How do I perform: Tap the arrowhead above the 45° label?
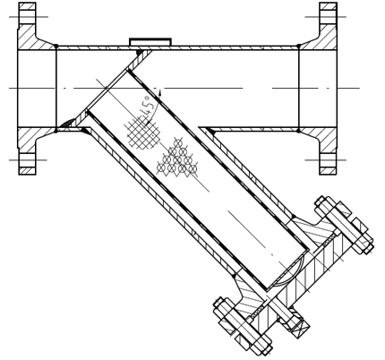click(x=160, y=92)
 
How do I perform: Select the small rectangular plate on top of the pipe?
click(x=150, y=42)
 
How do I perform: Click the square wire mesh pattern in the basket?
click(x=142, y=133)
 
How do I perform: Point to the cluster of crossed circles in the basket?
click(x=177, y=159)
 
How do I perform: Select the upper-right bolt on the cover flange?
click(x=344, y=225)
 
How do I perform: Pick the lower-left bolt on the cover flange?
click(x=243, y=326)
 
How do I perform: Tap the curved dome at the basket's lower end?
click(x=292, y=270)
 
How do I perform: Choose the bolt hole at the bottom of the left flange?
click(x=28, y=160)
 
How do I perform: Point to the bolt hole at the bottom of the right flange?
click(x=328, y=160)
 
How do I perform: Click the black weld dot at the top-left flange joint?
click(x=56, y=46)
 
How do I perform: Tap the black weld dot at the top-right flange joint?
click(x=299, y=46)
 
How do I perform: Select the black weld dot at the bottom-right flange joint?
click(x=299, y=131)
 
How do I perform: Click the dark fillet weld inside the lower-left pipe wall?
click(x=67, y=123)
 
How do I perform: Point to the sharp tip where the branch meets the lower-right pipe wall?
click(x=199, y=128)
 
